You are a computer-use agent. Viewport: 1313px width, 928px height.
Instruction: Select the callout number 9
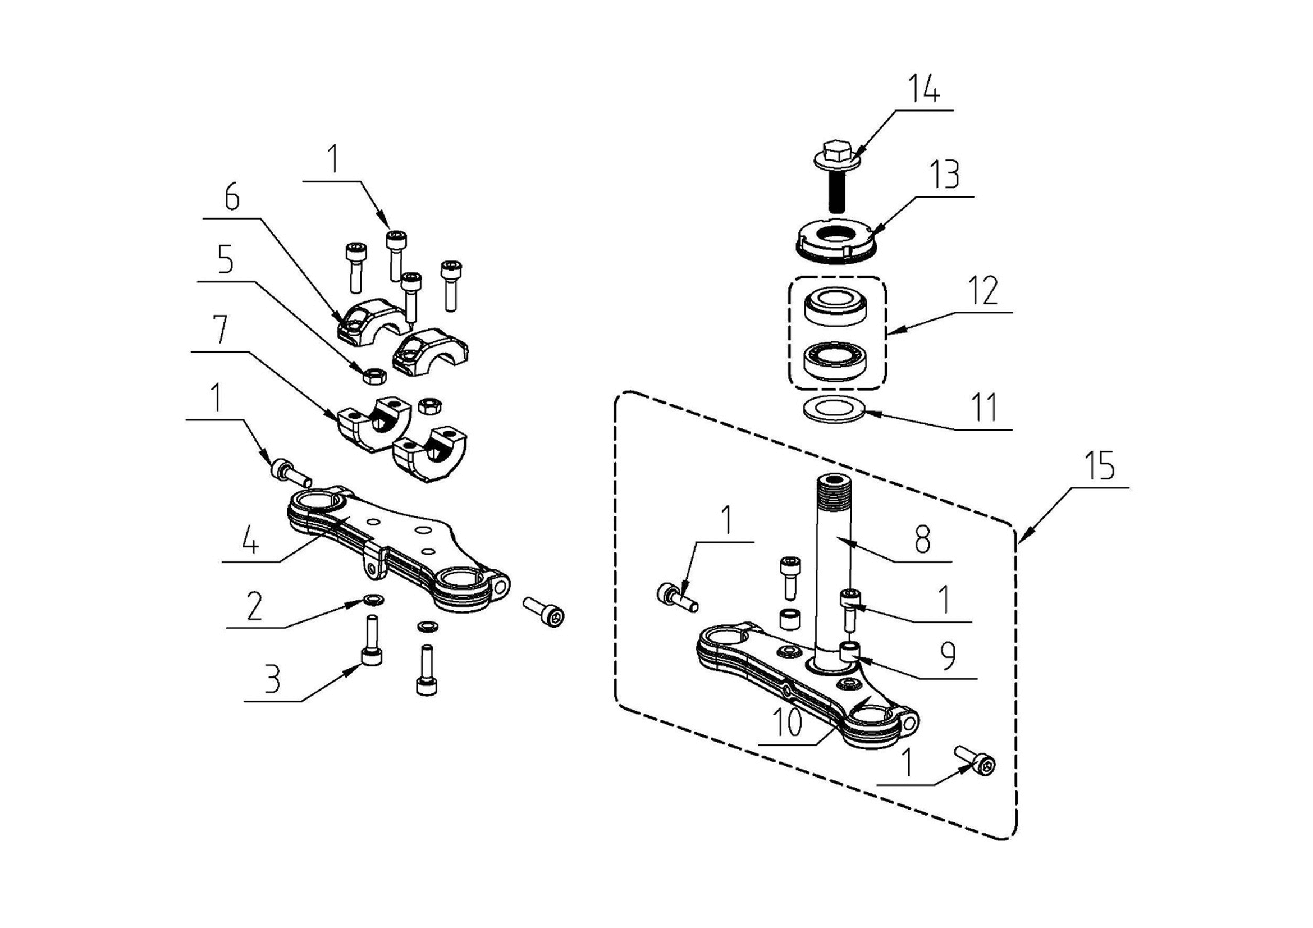949,656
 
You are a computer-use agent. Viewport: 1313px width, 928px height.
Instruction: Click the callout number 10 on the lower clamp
788,723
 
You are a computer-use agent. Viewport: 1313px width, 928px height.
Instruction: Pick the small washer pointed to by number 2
374,600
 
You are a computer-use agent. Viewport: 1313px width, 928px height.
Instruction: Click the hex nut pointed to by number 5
374,376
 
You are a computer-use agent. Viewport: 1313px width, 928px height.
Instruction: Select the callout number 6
232,197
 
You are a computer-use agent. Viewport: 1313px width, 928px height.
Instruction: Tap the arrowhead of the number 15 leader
1022,537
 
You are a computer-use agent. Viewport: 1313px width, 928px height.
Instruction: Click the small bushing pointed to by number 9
849,651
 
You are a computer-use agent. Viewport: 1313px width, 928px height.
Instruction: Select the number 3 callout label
273,680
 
